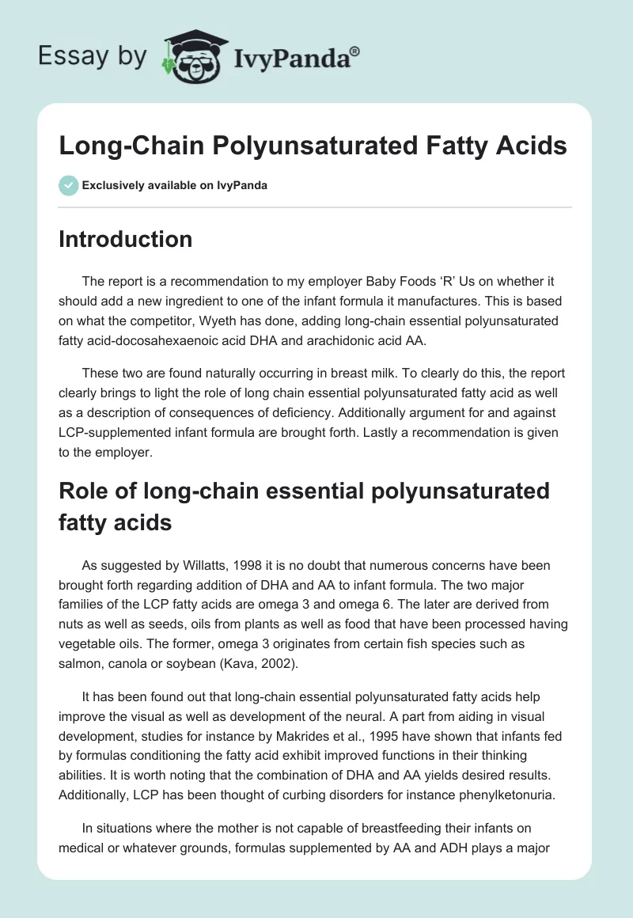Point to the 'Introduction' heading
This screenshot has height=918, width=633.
pyautogui.click(x=125, y=239)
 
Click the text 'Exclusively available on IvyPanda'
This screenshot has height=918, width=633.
pyautogui.click(x=174, y=185)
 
